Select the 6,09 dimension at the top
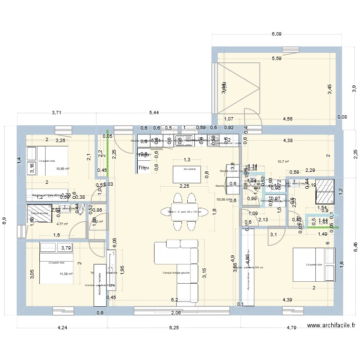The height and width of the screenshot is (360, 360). tap(276, 34)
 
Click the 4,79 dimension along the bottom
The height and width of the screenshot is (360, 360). tap(291, 328)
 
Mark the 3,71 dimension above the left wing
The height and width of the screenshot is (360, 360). tap(57, 113)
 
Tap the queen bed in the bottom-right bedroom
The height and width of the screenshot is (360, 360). tap(314, 264)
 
